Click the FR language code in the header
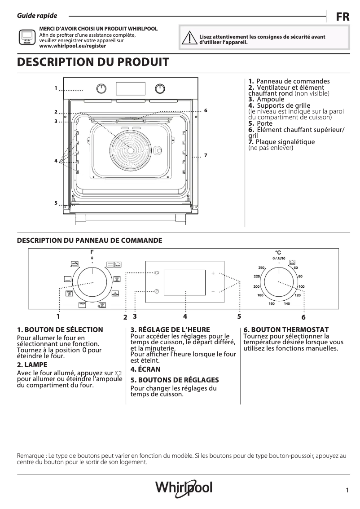click(342, 17)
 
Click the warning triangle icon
click(191, 39)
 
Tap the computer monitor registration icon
click(26, 37)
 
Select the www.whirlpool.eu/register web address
click(73, 46)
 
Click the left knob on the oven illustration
click(102, 88)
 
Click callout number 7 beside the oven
click(205, 155)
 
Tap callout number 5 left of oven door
click(56, 203)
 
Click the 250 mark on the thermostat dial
click(261, 268)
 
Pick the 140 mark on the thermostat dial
click(286, 304)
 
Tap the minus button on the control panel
click(213, 291)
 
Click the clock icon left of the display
click(157, 291)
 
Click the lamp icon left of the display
click(156, 272)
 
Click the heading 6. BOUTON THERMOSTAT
click(286, 329)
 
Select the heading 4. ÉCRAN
click(145, 369)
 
